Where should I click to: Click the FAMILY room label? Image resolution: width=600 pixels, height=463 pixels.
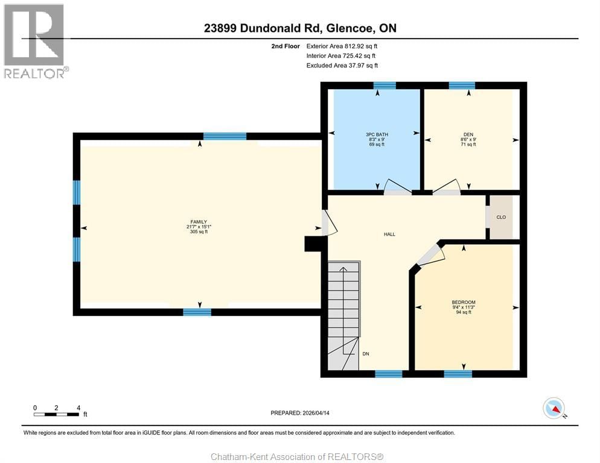(199, 222)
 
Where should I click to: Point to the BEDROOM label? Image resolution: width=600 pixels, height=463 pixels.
(464, 302)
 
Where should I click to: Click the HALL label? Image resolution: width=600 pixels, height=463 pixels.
(389, 234)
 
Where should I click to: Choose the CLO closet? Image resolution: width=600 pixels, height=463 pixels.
(500, 217)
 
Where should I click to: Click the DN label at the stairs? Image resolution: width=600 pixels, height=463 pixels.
(366, 354)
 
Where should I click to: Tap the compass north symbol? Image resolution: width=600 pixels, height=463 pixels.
(554, 408)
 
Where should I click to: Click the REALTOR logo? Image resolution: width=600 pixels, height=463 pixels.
(34, 41)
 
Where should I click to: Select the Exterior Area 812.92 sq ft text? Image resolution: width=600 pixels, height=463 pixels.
(342, 46)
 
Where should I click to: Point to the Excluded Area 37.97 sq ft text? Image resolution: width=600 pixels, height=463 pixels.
(342, 65)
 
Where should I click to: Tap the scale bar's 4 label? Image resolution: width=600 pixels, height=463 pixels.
(78, 408)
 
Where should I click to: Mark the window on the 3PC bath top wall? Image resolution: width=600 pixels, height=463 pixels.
(385, 85)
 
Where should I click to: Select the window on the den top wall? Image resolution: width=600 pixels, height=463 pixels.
(462, 85)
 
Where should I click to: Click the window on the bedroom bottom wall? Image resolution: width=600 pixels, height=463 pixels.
(458, 374)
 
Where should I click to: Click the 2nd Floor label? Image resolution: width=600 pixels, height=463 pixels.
(284, 46)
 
